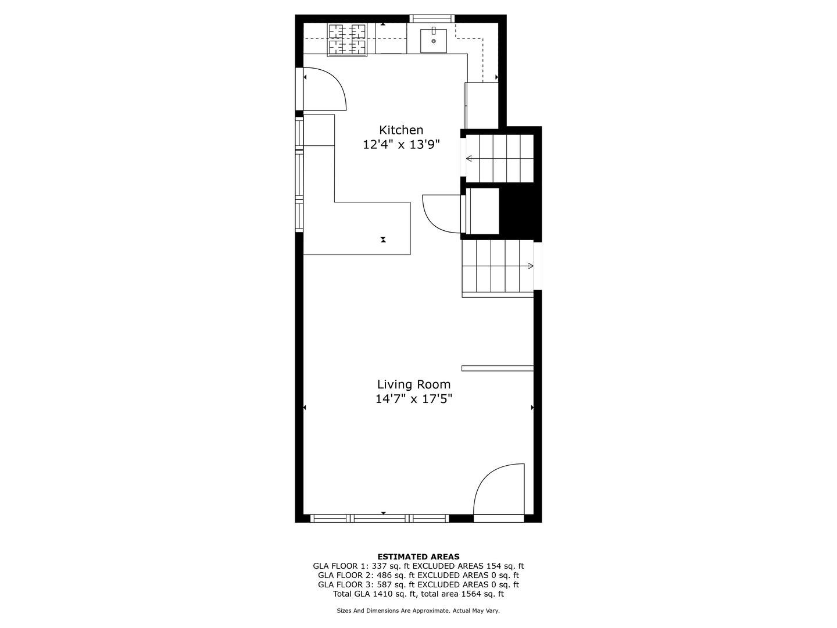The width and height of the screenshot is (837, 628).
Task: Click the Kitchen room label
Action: tap(400, 130)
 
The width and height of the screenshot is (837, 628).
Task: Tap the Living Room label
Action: tap(414, 384)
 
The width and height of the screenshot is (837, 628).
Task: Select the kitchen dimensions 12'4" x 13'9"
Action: tap(401, 145)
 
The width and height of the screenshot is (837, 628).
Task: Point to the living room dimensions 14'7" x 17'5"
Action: tap(414, 399)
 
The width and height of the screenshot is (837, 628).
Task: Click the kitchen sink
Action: tap(434, 41)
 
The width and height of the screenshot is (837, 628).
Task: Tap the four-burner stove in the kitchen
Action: tap(347, 40)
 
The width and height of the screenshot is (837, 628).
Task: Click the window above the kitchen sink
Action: tap(432, 19)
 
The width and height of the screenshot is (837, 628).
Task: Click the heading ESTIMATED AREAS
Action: tap(419, 556)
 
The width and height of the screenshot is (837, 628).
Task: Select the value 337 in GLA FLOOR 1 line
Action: tap(379, 566)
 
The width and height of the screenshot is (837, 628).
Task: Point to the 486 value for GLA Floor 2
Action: tap(384, 575)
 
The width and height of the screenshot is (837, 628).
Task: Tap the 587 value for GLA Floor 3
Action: tap(384, 584)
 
